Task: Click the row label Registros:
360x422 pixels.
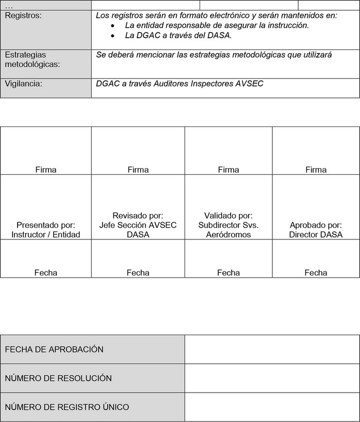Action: (23, 15)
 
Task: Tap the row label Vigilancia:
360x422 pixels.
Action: (23, 83)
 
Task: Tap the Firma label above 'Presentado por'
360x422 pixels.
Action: (46, 170)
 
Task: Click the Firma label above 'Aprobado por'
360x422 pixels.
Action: (316, 170)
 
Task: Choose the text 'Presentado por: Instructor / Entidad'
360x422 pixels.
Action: (46, 230)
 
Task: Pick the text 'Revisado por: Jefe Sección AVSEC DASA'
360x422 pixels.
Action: (138, 225)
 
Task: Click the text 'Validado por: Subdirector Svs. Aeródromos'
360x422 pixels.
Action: (228, 225)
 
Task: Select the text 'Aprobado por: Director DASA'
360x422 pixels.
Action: (316, 230)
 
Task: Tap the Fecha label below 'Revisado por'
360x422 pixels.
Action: (138, 273)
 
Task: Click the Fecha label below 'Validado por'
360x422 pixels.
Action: (228, 273)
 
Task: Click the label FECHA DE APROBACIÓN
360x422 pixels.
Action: (54, 349)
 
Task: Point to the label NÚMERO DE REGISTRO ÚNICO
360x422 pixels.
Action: (67, 407)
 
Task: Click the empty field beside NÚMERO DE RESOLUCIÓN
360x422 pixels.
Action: (272, 378)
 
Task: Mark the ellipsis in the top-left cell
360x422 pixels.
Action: (8, 5)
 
